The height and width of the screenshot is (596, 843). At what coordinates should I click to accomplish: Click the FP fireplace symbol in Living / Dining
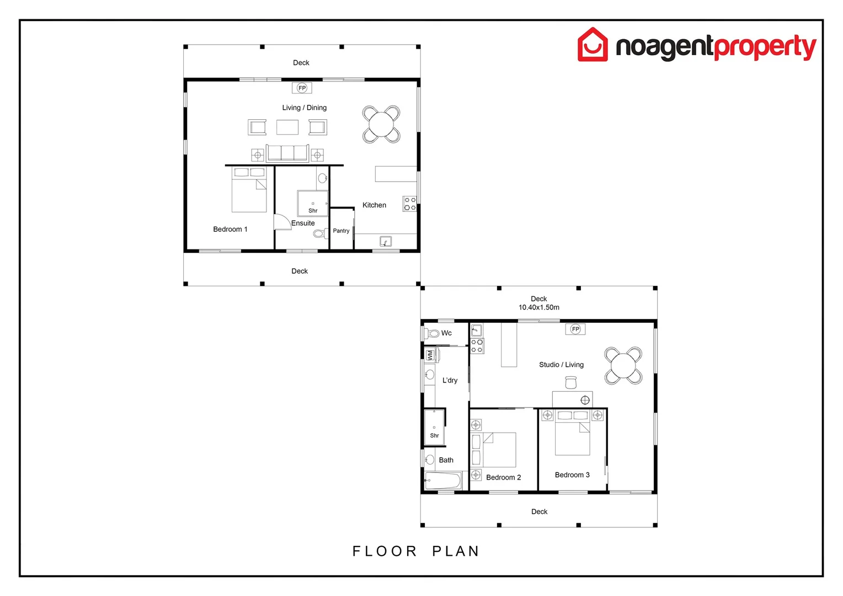click(x=302, y=88)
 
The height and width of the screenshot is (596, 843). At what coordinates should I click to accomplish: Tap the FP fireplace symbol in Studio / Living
click(x=575, y=329)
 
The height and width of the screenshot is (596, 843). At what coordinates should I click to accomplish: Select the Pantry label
click(x=341, y=231)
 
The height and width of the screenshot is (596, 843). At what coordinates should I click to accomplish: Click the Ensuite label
click(x=303, y=223)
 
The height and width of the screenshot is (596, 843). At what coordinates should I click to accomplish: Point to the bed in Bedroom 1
click(x=249, y=190)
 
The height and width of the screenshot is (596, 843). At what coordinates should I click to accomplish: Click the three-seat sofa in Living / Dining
click(x=287, y=153)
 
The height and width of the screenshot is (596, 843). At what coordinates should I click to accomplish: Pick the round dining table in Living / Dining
click(x=381, y=124)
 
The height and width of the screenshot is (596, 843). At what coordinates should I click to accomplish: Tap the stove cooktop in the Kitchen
click(x=409, y=204)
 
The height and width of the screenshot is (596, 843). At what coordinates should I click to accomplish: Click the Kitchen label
click(x=374, y=205)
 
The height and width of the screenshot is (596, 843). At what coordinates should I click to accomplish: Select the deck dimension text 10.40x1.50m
click(x=538, y=307)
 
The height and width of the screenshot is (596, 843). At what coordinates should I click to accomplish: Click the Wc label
click(x=446, y=333)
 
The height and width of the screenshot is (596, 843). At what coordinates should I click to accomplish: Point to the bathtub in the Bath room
click(x=443, y=481)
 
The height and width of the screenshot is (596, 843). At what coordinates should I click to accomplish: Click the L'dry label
click(x=450, y=380)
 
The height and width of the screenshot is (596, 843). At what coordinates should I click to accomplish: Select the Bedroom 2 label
click(x=503, y=477)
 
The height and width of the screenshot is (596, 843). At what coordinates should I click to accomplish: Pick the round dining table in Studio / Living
click(x=623, y=365)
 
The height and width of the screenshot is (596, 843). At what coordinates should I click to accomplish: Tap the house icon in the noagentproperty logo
click(x=593, y=45)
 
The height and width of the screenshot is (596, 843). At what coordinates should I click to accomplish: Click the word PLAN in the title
click(x=456, y=551)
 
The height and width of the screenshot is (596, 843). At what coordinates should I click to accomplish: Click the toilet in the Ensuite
click(x=319, y=233)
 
